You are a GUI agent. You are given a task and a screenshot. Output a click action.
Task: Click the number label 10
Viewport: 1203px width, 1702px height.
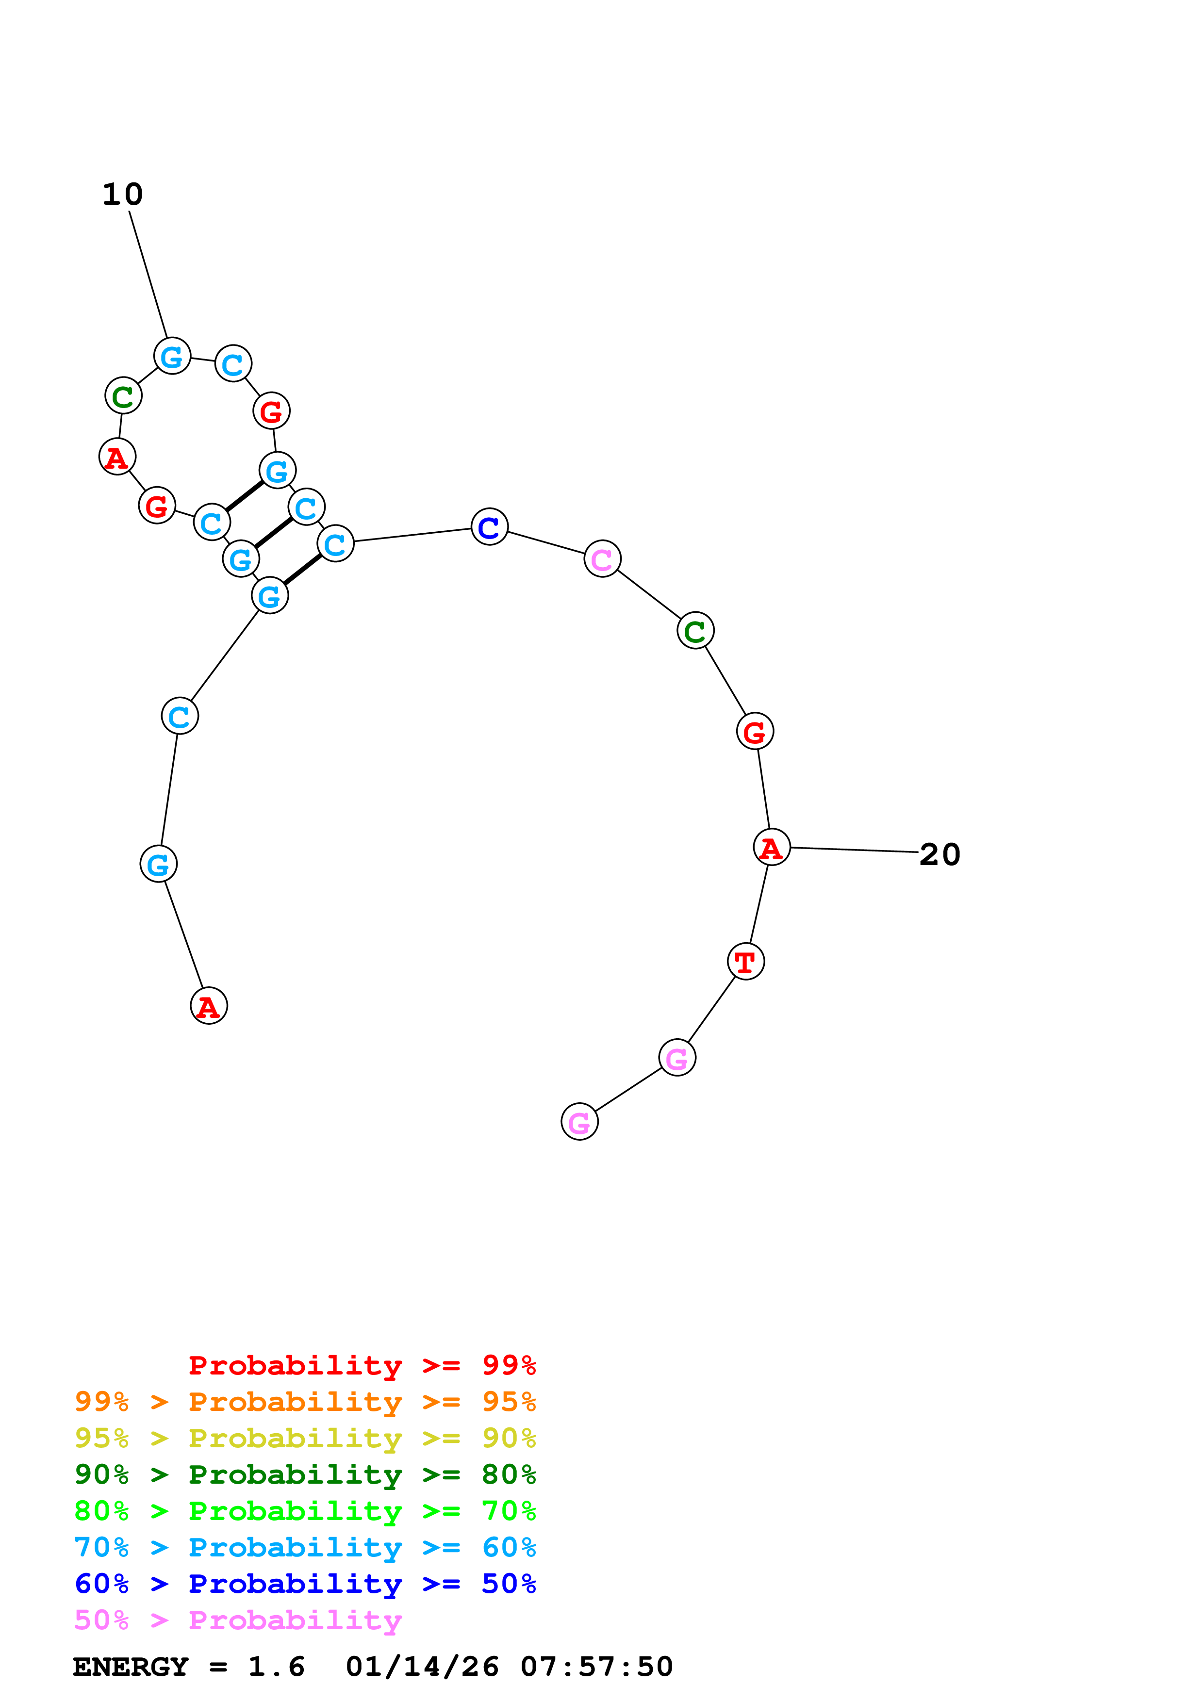pos(122,195)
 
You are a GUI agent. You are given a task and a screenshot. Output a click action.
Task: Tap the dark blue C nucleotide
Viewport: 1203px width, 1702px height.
pos(489,527)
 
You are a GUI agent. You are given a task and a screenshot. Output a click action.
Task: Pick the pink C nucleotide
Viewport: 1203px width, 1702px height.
pos(602,559)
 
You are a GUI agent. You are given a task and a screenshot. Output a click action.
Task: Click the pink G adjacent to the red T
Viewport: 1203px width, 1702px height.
pos(677,1058)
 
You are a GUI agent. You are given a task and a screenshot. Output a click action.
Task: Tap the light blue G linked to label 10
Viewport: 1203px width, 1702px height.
pos(172,357)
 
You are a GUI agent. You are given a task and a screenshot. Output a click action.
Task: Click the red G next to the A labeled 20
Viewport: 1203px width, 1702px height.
pos(755,732)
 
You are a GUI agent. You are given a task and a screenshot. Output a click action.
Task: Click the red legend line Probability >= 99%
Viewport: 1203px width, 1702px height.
pos(362,1365)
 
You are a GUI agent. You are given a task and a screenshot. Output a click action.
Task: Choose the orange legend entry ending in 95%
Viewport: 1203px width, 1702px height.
pos(305,1402)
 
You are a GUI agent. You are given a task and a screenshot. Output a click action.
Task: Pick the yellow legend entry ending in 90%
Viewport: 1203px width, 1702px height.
pos(305,1438)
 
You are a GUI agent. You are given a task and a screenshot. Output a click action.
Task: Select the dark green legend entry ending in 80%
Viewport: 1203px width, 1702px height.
pos(305,1474)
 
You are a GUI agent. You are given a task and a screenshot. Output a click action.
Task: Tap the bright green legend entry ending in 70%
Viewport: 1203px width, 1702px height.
pos(305,1511)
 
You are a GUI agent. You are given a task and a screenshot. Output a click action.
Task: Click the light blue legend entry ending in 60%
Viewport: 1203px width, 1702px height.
pos(305,1547)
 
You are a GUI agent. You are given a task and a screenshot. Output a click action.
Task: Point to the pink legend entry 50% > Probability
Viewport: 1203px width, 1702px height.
pos(237,1620)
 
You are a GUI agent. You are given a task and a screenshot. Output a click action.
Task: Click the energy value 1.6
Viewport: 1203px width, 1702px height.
pos(276,1667)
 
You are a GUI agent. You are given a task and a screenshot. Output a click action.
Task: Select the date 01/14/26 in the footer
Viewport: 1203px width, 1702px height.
pos(422,1667)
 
